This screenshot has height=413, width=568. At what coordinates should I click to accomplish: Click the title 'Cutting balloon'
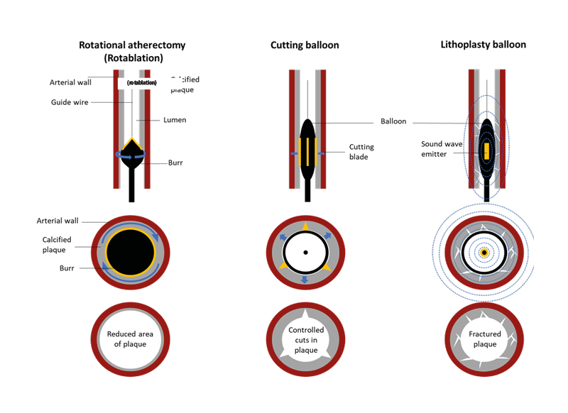coord(305,45)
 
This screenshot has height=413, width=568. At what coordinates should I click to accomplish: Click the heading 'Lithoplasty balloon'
coord(484,45)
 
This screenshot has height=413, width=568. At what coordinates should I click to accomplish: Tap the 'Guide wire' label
coord(70,102)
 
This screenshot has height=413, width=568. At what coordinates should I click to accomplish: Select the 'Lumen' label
coord(175,120)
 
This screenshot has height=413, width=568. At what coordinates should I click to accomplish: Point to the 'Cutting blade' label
coord(361,152)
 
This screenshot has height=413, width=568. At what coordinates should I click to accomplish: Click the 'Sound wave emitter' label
coord(437,148)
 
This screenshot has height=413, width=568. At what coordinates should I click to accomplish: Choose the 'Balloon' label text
coord(393,121)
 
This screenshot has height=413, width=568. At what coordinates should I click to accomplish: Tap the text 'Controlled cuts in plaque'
coord(306,340)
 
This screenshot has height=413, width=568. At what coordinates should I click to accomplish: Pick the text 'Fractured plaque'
coord(484,339)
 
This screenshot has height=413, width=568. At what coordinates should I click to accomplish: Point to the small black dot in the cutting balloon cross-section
coord(305,253)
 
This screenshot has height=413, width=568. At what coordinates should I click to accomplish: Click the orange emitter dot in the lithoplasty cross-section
coord(484,252)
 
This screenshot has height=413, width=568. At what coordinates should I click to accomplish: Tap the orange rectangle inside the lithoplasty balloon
coord(486,151)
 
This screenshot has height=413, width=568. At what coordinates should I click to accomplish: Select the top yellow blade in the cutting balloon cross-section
coord(305,225)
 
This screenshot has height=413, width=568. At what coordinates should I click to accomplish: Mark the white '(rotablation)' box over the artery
coord(141,83)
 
